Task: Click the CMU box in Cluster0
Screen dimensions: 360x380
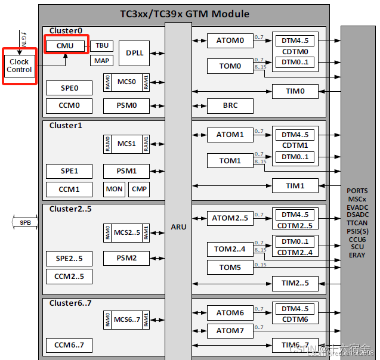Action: coord(65,45)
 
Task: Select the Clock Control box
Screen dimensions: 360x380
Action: coord(19,66)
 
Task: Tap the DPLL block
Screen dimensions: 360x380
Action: coord(134,53)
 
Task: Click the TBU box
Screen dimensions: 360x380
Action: coord(102,45)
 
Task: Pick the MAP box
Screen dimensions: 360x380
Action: coord(102,60)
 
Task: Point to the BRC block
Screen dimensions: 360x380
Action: coord(230,105)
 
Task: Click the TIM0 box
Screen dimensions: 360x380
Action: coord(295,91)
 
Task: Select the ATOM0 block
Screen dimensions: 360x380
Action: coord(230,41)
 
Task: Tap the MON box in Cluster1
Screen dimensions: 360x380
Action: coord(114,189)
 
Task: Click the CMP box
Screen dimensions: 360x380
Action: coord(139,189)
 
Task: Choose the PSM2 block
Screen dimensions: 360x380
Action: coord(126,258)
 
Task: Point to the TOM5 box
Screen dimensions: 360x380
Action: coord(230,267)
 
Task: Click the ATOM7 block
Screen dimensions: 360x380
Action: coord(230,330)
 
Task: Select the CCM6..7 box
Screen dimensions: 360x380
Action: coord(69,345)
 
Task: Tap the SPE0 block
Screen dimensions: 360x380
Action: coord(69,88)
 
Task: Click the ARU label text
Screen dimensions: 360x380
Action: coord(178,226)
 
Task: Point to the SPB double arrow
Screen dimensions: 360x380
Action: coord(25,222)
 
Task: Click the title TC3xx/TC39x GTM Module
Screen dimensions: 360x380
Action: coord(184,13)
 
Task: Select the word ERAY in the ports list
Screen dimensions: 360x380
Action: coord(358,255)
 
